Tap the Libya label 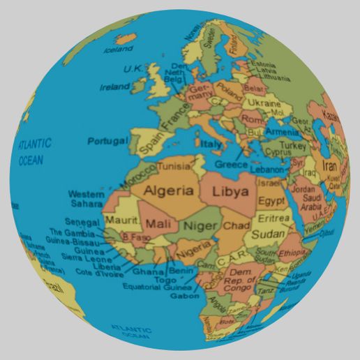pos(230,190)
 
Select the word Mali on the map pos(158,224)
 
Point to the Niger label pos(200,225)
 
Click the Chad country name pos(236,226)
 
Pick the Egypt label pos(271,201)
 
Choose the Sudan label pos(266,234)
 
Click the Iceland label pos(118,50)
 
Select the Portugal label pos(107,141)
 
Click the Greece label pos(232,165)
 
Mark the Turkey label pos(293,147)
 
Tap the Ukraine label pos(264,103)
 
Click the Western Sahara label pos(86,199)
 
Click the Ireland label pos(115,87)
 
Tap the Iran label pos(329,167)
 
